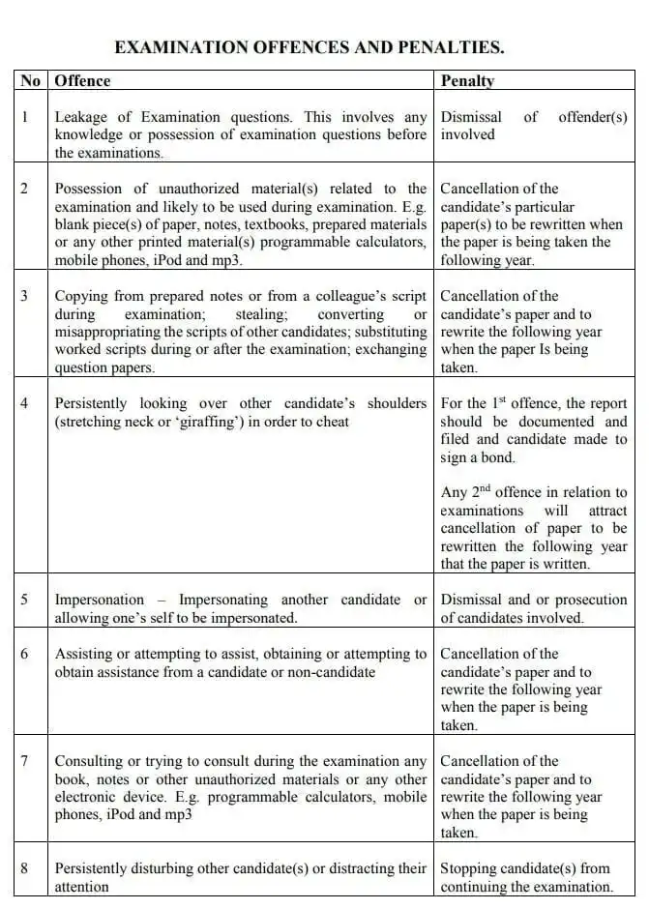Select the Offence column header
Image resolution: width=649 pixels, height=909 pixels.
tap(82, 81)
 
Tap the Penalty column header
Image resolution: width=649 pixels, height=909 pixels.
tap(467, 81)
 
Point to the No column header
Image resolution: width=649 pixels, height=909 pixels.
tap(30, 81)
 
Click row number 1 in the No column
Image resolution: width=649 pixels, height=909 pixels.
tap(25, 117)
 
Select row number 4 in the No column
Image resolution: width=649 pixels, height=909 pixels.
tap(25, 403)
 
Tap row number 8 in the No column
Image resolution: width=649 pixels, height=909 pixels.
tap(25, 868)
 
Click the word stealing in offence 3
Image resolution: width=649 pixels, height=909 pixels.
tap(259, 314)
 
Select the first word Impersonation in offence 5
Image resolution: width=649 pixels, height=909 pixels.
tap(99, 600)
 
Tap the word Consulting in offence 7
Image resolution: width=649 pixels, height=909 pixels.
tap(89, 761)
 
